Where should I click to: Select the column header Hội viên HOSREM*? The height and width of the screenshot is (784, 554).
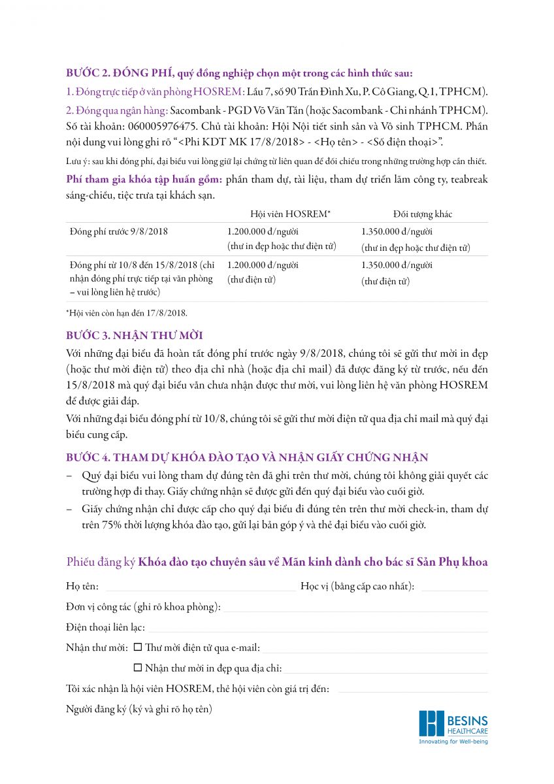(290, 214)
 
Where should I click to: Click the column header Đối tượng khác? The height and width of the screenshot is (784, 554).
(422, 214)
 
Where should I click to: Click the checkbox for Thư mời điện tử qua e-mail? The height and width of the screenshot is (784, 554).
(137, 647)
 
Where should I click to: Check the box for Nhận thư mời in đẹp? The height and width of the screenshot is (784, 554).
(137, 668)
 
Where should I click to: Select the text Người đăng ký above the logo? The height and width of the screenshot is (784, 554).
(96, 710)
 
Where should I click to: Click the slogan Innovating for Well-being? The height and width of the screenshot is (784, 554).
(453, 742)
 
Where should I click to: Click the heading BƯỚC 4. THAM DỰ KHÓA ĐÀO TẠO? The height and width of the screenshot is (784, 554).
(247, 457)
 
